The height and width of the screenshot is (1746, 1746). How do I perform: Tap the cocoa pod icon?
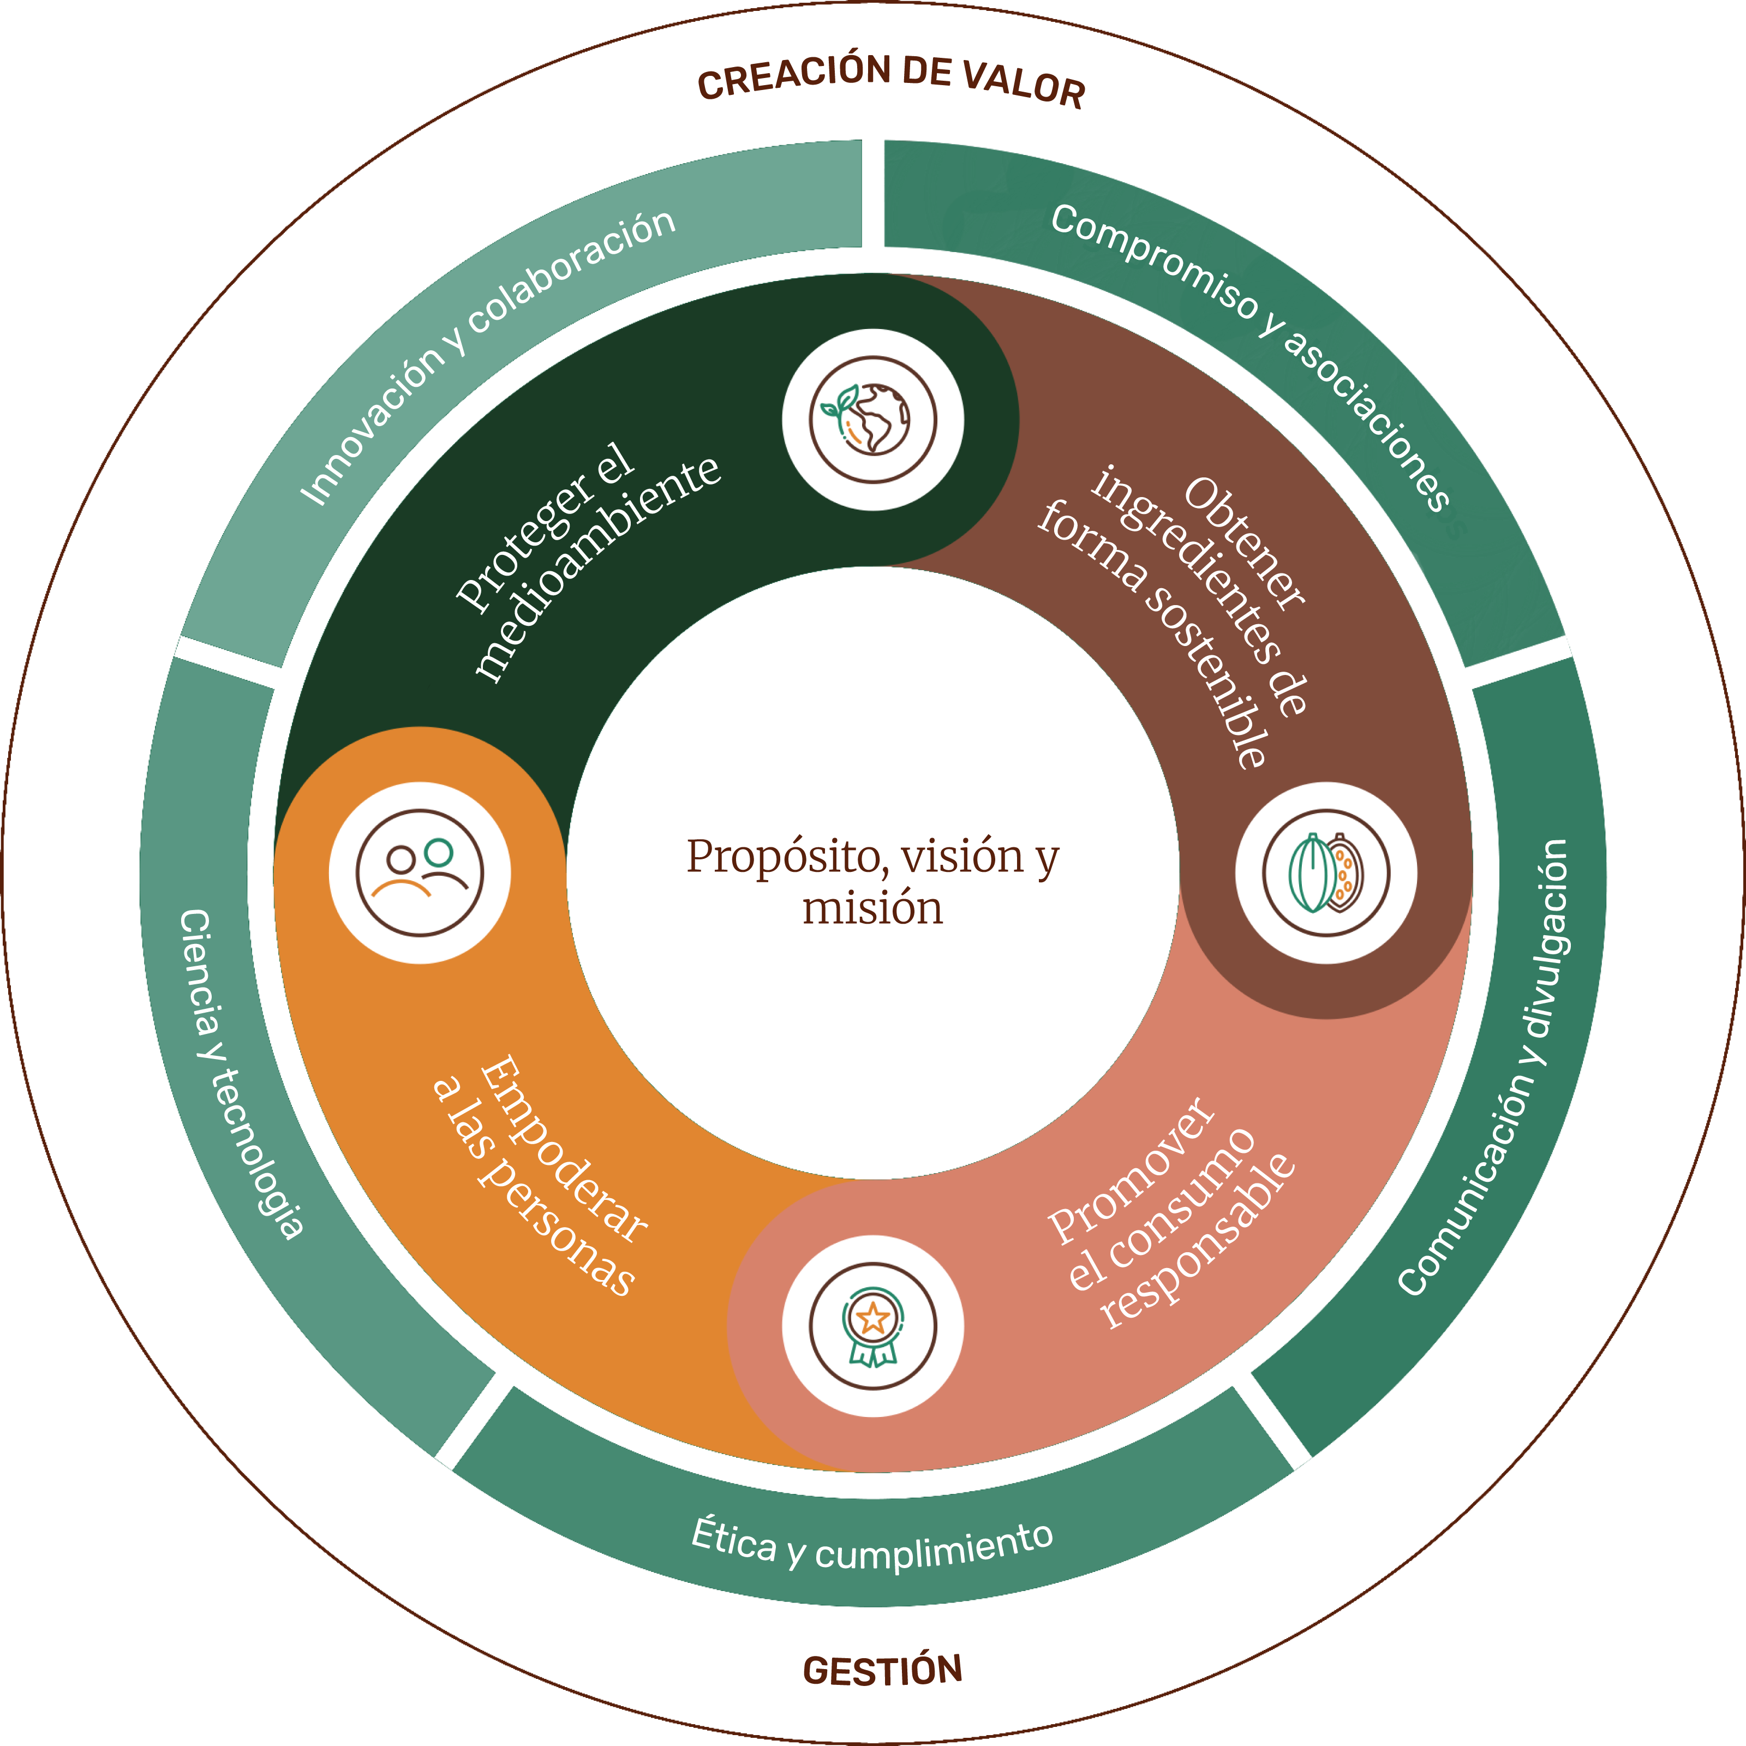point(1326,873)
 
